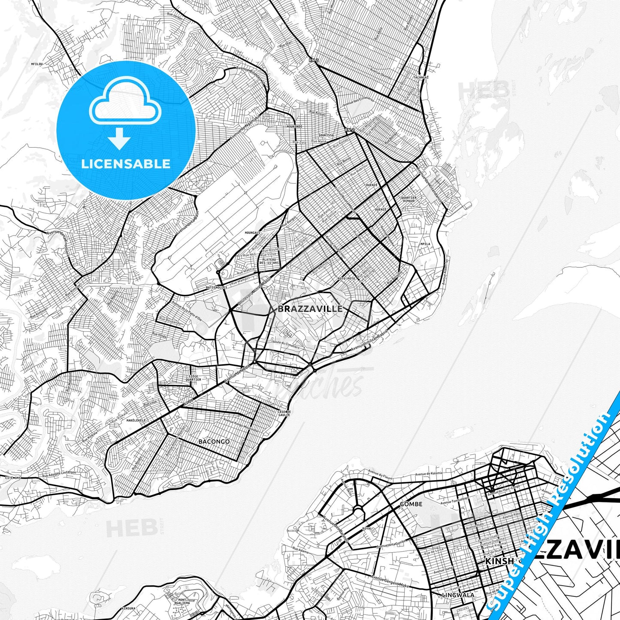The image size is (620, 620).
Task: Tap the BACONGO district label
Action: (214, 441)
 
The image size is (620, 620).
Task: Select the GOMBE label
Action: (411, 504)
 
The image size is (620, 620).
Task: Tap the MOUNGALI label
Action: (252, 233)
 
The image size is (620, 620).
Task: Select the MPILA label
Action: (425, 244)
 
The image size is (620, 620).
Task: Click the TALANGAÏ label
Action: (421, 77)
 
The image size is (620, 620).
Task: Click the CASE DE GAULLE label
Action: (284, 413)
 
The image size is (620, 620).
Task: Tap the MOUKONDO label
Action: (295, 127)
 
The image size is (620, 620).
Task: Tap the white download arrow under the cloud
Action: (120, 140)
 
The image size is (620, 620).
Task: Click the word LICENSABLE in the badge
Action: (126, 163)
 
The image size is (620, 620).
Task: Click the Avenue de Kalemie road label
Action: (432, 474)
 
